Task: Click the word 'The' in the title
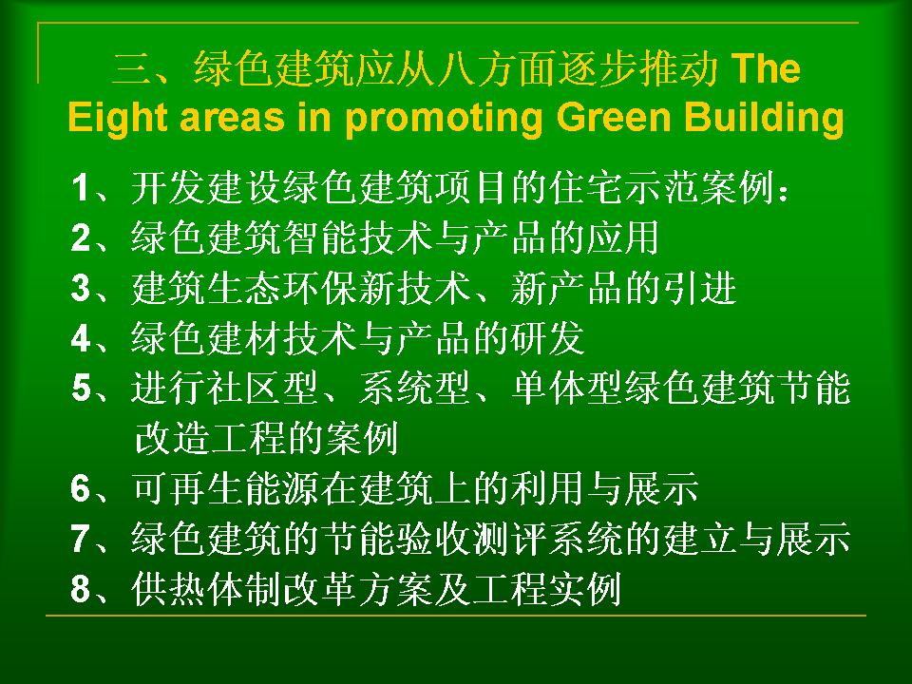point(766,68)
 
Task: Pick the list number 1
point(80,187)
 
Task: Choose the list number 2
point(80,237)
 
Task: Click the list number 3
point(80,288)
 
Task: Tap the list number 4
point(80,338)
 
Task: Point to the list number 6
point(80,488)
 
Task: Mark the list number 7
point(80,538)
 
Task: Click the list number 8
point(80,588)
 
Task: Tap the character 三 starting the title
point(131,68)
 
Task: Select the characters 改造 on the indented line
point(172,438)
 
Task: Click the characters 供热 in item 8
point(169,589)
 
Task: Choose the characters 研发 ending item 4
point(547,338)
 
